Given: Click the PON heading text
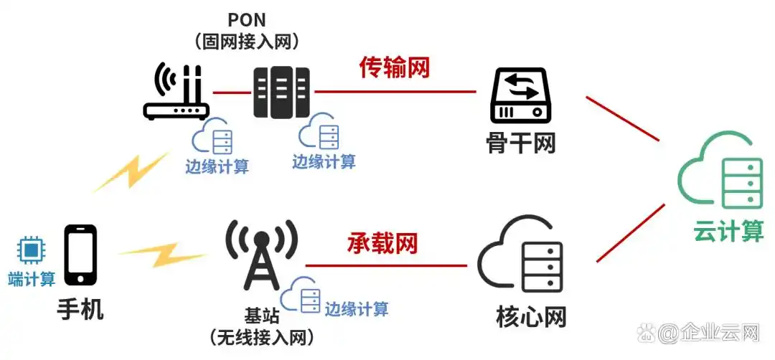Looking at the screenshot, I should [247, 19].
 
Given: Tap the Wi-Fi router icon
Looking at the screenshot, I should [176, 93].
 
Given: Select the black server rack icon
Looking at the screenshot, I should [281, 93].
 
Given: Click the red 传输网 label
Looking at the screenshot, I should [394, 68].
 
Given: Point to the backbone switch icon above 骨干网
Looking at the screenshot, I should [521, 95].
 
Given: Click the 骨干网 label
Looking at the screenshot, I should [520, 143].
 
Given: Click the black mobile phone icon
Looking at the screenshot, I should [80, 255].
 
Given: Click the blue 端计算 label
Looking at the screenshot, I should [32, 279].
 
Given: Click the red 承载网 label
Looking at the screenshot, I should [383, 243].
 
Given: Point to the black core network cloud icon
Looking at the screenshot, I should [521, 255].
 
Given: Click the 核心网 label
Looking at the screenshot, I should [531, 316].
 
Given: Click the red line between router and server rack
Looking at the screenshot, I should [231, 93].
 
